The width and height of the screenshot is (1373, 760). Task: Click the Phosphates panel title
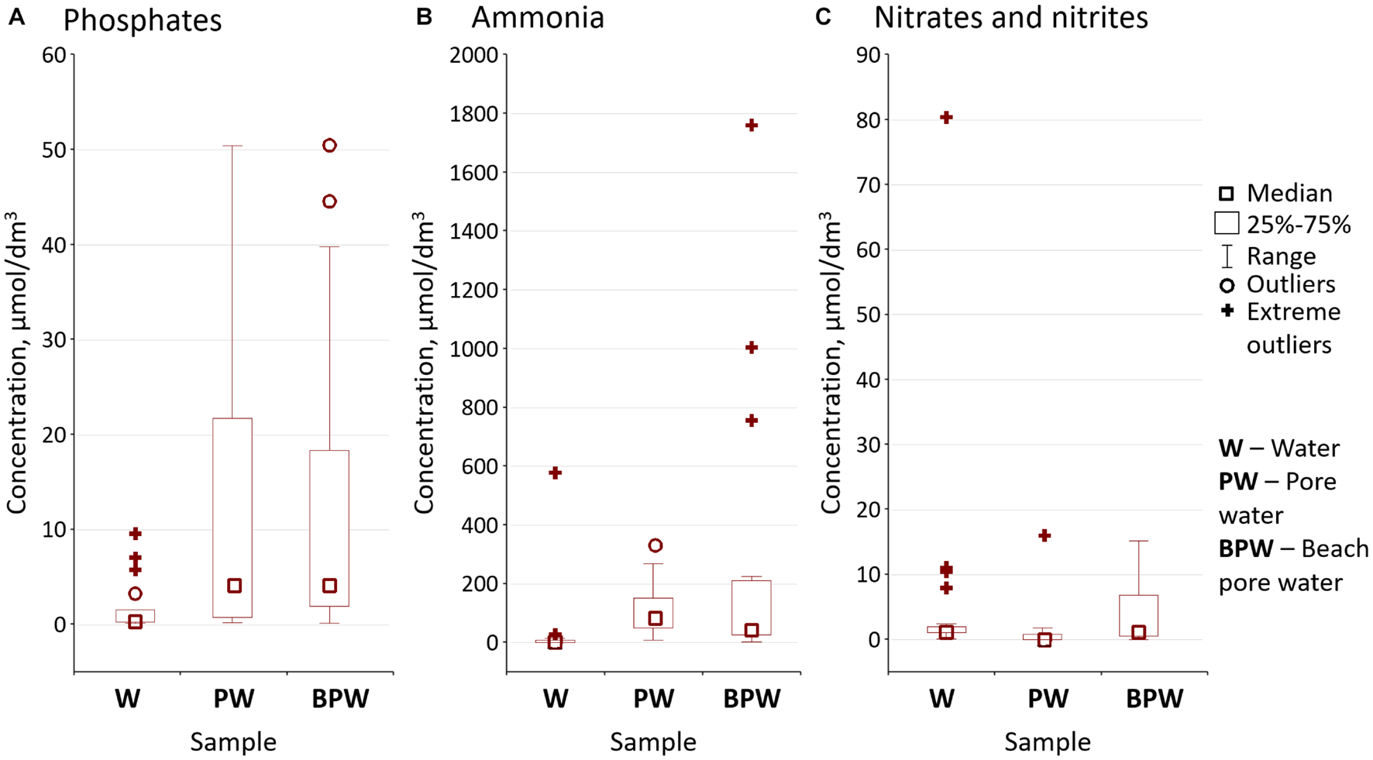(142, 20)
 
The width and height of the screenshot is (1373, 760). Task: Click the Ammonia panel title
(537, 17)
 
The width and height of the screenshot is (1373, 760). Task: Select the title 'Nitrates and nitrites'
(1010, 17)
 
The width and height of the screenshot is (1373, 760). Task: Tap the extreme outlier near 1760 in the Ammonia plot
(751, 125)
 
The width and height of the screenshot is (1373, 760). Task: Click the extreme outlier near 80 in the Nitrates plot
(946, 117)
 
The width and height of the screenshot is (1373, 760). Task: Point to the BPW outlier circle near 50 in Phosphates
(329, 146)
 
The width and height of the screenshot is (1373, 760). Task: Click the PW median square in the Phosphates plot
(234, 586)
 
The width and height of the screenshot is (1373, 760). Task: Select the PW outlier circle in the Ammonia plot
(655, 545)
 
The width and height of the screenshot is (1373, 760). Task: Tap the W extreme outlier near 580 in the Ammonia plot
(555, 473)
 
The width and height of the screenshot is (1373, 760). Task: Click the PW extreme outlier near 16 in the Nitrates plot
(1044, 535)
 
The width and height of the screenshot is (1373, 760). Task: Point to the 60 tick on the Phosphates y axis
(53, 55)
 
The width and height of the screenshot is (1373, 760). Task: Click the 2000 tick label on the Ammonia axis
(473, 55)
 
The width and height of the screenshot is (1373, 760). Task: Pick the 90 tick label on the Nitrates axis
(869, 55)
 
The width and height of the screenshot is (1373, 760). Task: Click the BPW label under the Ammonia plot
(751, 699)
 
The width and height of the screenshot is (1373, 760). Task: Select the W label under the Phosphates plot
(128, 699)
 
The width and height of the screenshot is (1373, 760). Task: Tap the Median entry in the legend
(1289, 193)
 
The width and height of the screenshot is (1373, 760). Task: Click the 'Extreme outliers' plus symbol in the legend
(1227, 311)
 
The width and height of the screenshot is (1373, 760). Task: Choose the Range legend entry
(1280, 256)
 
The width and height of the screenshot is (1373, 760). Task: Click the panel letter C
(823, 16)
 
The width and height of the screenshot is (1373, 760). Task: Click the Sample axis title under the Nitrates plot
(1047, 742)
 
